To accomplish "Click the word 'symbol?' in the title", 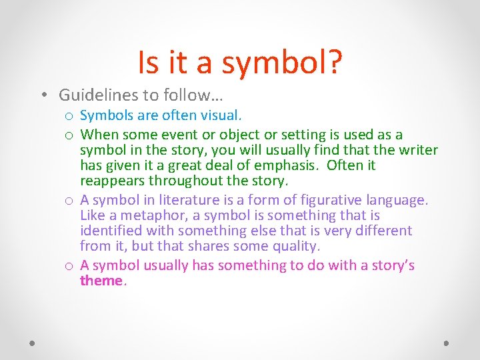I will coord(282,62).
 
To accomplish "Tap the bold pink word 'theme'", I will coord(101,280).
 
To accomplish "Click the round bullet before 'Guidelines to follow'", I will coord(43,95).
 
